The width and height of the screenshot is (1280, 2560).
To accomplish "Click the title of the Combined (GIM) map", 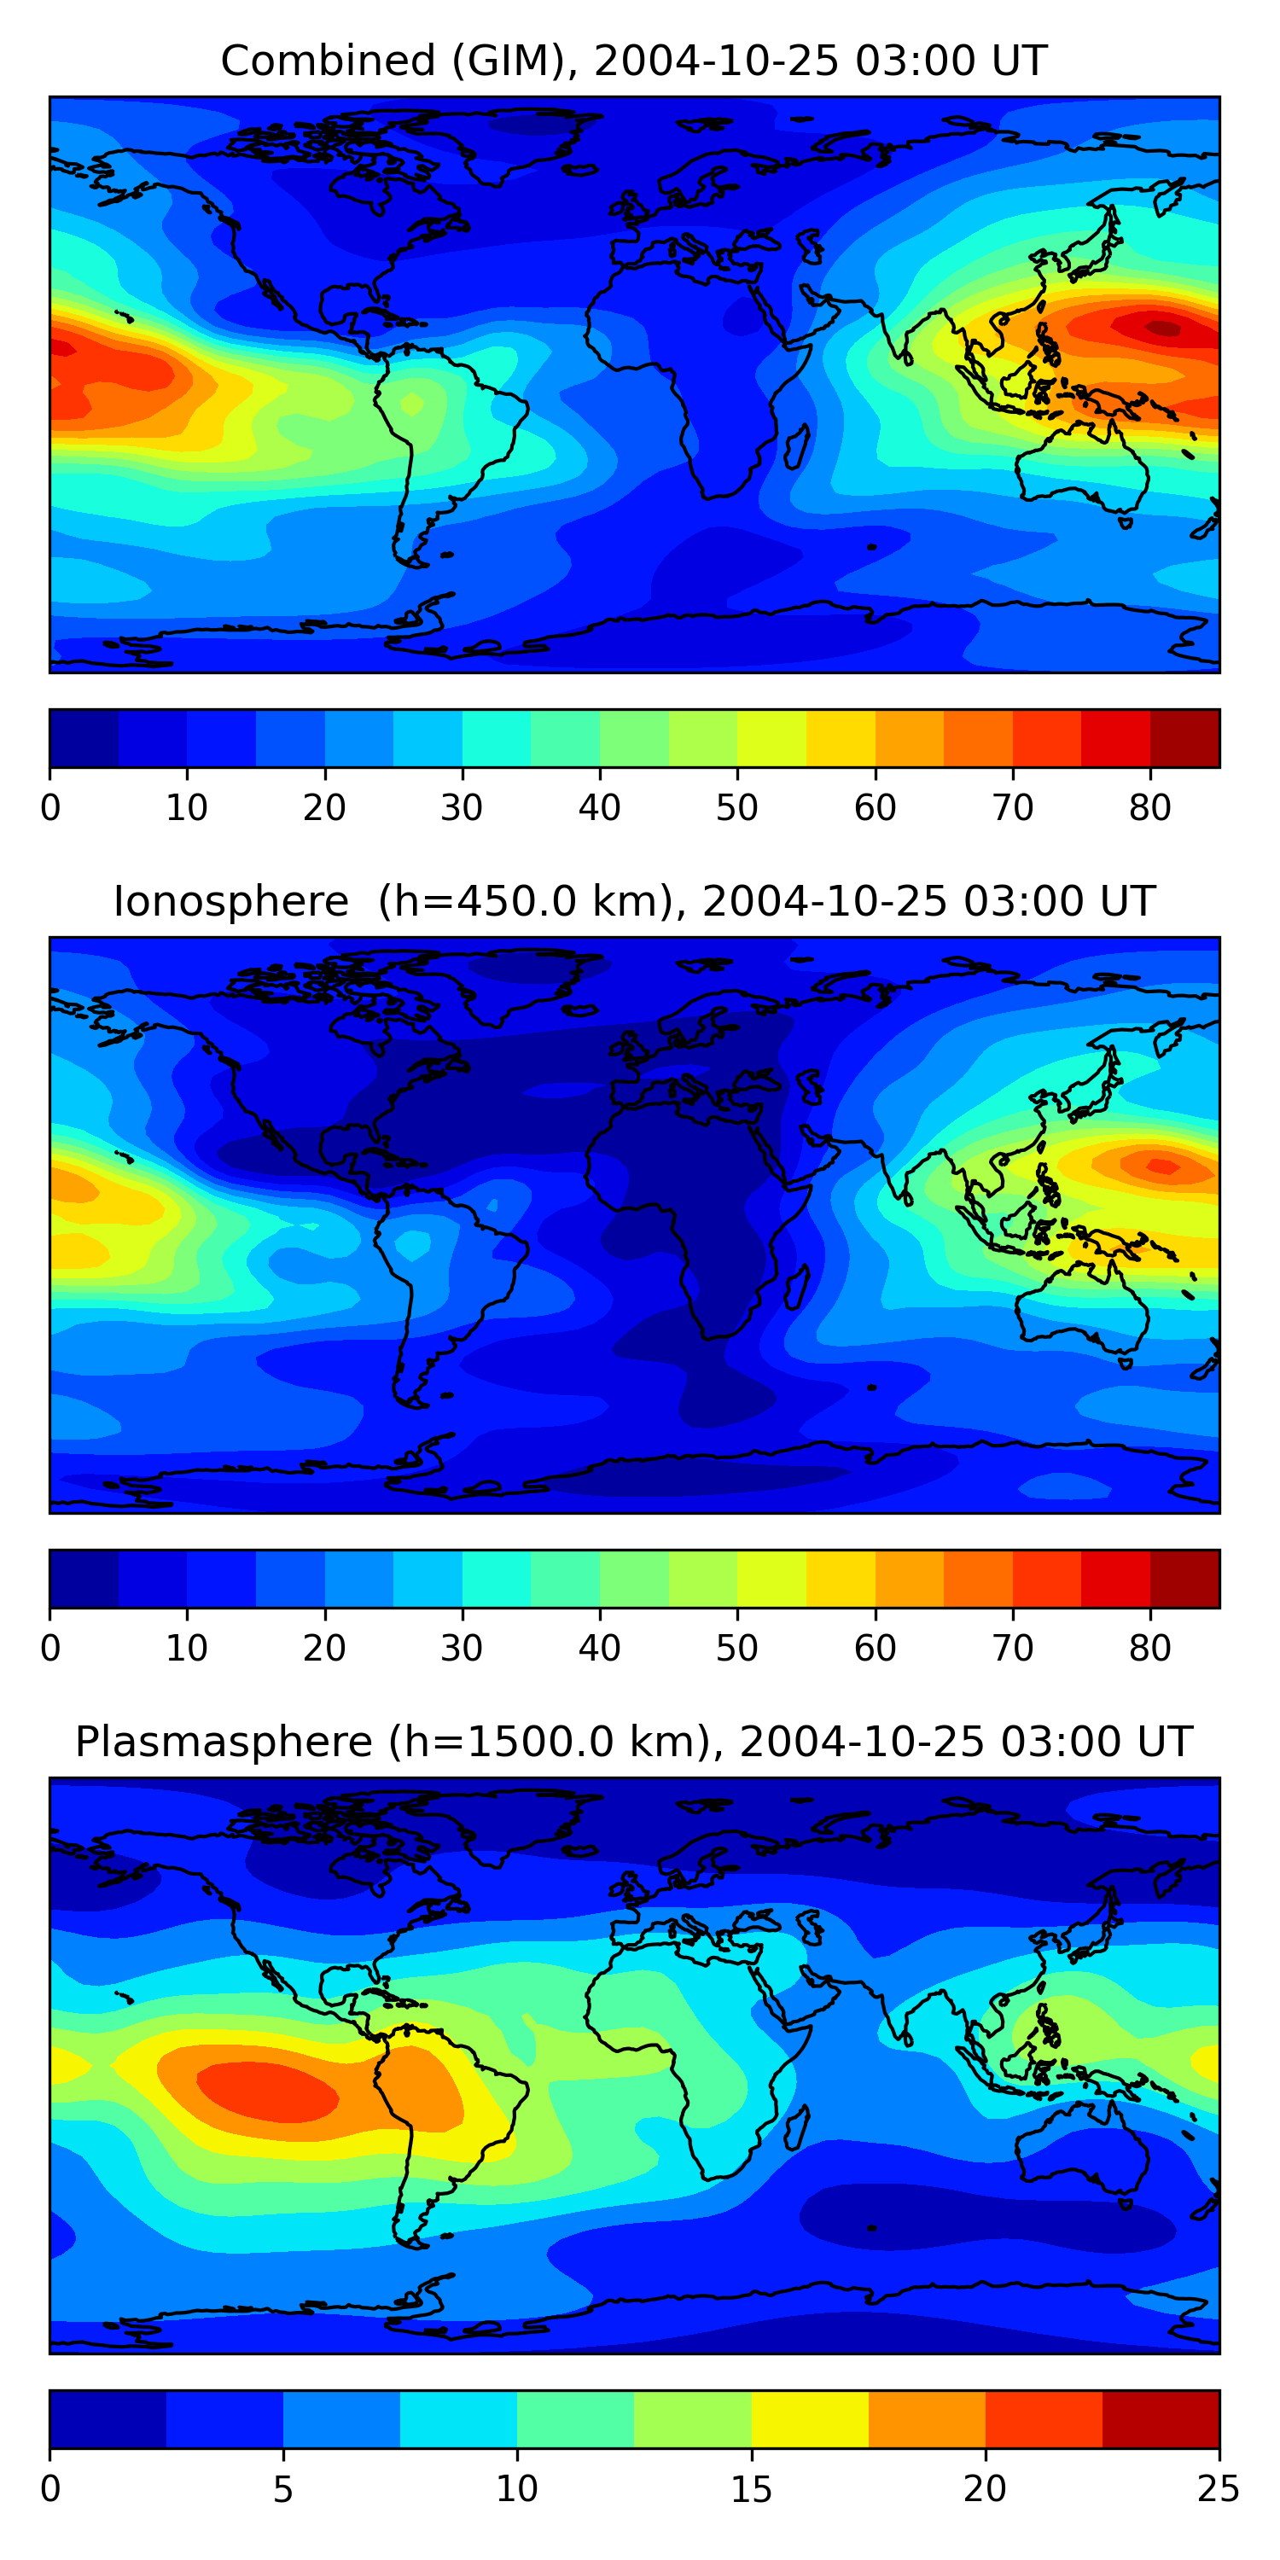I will [633, 61].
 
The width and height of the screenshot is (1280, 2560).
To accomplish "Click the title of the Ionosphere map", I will [633, 901].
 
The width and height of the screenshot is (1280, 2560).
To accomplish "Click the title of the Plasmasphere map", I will [633, 1743].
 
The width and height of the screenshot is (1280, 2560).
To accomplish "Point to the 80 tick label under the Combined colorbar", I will [1149, 808].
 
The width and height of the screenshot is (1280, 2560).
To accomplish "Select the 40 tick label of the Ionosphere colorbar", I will [599, 1648].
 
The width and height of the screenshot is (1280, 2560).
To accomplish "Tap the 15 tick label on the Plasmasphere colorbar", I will [751, 2488].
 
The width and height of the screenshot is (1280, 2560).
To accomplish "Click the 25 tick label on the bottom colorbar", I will [1218, 2488].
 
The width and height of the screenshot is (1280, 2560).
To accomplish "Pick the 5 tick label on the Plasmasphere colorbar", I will [283, 2488].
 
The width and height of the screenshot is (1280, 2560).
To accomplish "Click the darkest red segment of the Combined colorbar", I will [1184, 738].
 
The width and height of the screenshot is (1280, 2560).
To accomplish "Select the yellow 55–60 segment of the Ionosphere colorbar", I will [841, 1578].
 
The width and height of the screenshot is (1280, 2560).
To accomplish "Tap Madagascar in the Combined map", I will [796, 447].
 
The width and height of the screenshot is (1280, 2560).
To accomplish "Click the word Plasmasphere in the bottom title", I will [224, 1743].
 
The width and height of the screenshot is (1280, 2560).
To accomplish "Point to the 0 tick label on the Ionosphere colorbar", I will [50, 1648].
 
